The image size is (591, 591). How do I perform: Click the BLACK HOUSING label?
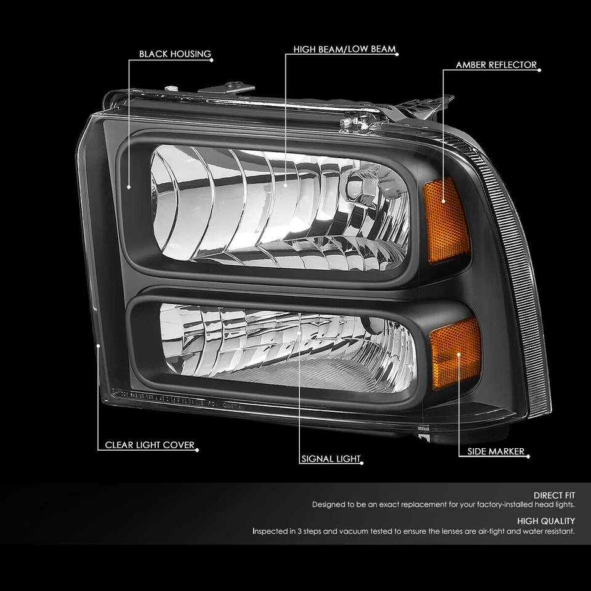click(175, 54)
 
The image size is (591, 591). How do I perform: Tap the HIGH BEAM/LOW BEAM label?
click(344, 49)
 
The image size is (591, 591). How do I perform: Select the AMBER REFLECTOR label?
click(496, 65)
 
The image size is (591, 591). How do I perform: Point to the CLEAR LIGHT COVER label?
click(149, 444)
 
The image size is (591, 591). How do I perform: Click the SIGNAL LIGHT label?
click(331, 459)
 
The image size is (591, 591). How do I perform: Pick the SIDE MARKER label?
click(496, 451)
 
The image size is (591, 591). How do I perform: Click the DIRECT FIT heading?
click(554, 494)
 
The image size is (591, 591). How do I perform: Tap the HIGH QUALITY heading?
click(546, 521)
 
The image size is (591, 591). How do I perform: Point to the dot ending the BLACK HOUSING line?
click(128, 187)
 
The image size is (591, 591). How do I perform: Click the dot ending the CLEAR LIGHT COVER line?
click(99, 347)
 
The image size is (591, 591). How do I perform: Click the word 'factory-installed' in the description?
click(483, 504)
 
